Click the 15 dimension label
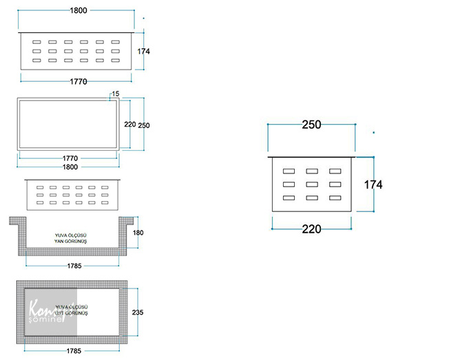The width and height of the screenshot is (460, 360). pyautogui.click(x=115, y=94)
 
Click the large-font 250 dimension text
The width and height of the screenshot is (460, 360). pyautogui.click(x=312, y=125)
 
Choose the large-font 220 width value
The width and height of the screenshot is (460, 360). pyautogui.click(x=311, y=229)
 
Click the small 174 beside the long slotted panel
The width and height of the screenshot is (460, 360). pyautogui.click(x=143, y=52)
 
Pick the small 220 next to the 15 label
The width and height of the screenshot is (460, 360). pyautogui.click(x=129, y=125)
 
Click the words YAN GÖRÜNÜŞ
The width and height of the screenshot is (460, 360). pyautogui.click(x=69, y=242)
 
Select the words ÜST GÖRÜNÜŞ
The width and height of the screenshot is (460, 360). pyautogui.click(x=70, y=313)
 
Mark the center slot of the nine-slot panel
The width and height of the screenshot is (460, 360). pyautogui.click(x=312, y=184)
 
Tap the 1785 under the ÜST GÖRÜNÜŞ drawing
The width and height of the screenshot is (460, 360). pyautogui.click(x=72, y=351)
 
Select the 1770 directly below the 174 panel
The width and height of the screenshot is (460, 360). pyautogui.click(x=78, y=81)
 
